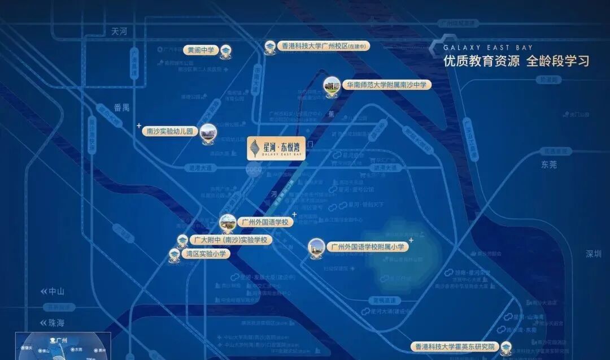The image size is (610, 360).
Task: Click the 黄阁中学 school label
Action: pyautogui.click(x=201, y=50)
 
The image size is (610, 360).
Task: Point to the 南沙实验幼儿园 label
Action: pyautogui.click(x=170, y=131)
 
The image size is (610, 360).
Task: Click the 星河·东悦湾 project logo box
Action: pyautogui.click(x=276, y=148)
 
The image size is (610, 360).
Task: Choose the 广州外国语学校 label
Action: pyautogui.click(x=264, y=222)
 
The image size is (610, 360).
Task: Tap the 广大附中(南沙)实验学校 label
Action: pyautogui.click(x=230, y=240)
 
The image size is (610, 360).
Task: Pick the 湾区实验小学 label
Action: pyautogui.click(x=206, y=254)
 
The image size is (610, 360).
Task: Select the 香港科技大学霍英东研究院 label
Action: pyautogui.click(x=455, y=346)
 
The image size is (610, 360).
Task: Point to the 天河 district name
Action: pyautogui.click(x=119, y=32)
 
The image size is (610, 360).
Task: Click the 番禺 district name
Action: pyautogui.click(x=121, y=107)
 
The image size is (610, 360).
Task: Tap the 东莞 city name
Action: pyautogui.click(x=548, y=165)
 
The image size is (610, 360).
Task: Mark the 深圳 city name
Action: pyautogui.click(x=594, y=254)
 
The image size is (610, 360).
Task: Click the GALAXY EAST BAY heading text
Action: pyautogui.click(x=487, y=48)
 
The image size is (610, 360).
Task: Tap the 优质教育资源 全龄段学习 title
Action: pyautogui.click(x=516, y=62)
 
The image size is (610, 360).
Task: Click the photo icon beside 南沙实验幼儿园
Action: pyautogui.click(x=208, y=132)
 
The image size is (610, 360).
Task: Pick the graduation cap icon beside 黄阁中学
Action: pyautogui.click(x=226, y=50)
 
